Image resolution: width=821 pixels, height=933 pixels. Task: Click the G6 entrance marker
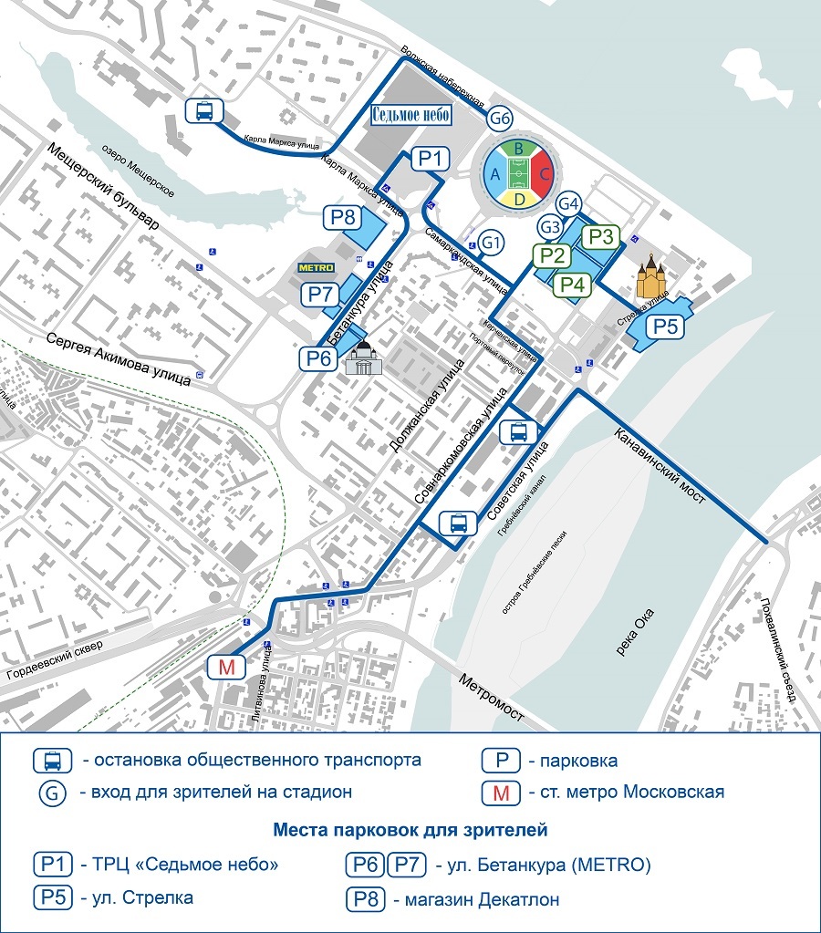pos(499,119)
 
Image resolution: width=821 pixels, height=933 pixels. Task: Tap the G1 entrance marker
pos(492,243)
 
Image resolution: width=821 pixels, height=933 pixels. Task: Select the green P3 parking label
pos(602,237)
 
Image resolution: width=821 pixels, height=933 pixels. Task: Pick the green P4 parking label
pos(573,285)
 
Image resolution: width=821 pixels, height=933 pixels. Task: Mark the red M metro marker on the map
pos(228,668)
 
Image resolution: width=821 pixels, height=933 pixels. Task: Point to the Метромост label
pos(493,697)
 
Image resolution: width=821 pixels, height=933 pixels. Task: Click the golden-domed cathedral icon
pos(651,276)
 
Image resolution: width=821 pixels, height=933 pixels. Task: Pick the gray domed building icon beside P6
pos(362,358)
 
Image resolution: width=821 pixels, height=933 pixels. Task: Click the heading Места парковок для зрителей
pos(410,830)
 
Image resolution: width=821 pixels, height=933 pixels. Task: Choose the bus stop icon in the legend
pos(53,760)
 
